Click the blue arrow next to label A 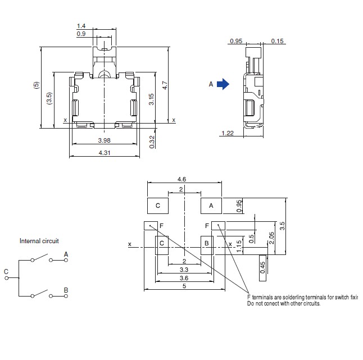click(223, 84)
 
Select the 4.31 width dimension click(104, 153)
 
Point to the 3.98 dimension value click(104, 140)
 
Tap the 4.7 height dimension click(164, 85)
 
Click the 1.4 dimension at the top click(80, 26)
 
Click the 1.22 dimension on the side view click(228, 133)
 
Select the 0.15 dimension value click(277, 41)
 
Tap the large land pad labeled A click(211, 206)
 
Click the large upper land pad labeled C click(158, 206)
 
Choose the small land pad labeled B click(207, 243)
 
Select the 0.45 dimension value click(262, 267)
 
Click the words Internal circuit click(39, 241)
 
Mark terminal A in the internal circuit click(66, 254)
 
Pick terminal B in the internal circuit click(66, 290)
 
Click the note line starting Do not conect click(283, 303)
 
